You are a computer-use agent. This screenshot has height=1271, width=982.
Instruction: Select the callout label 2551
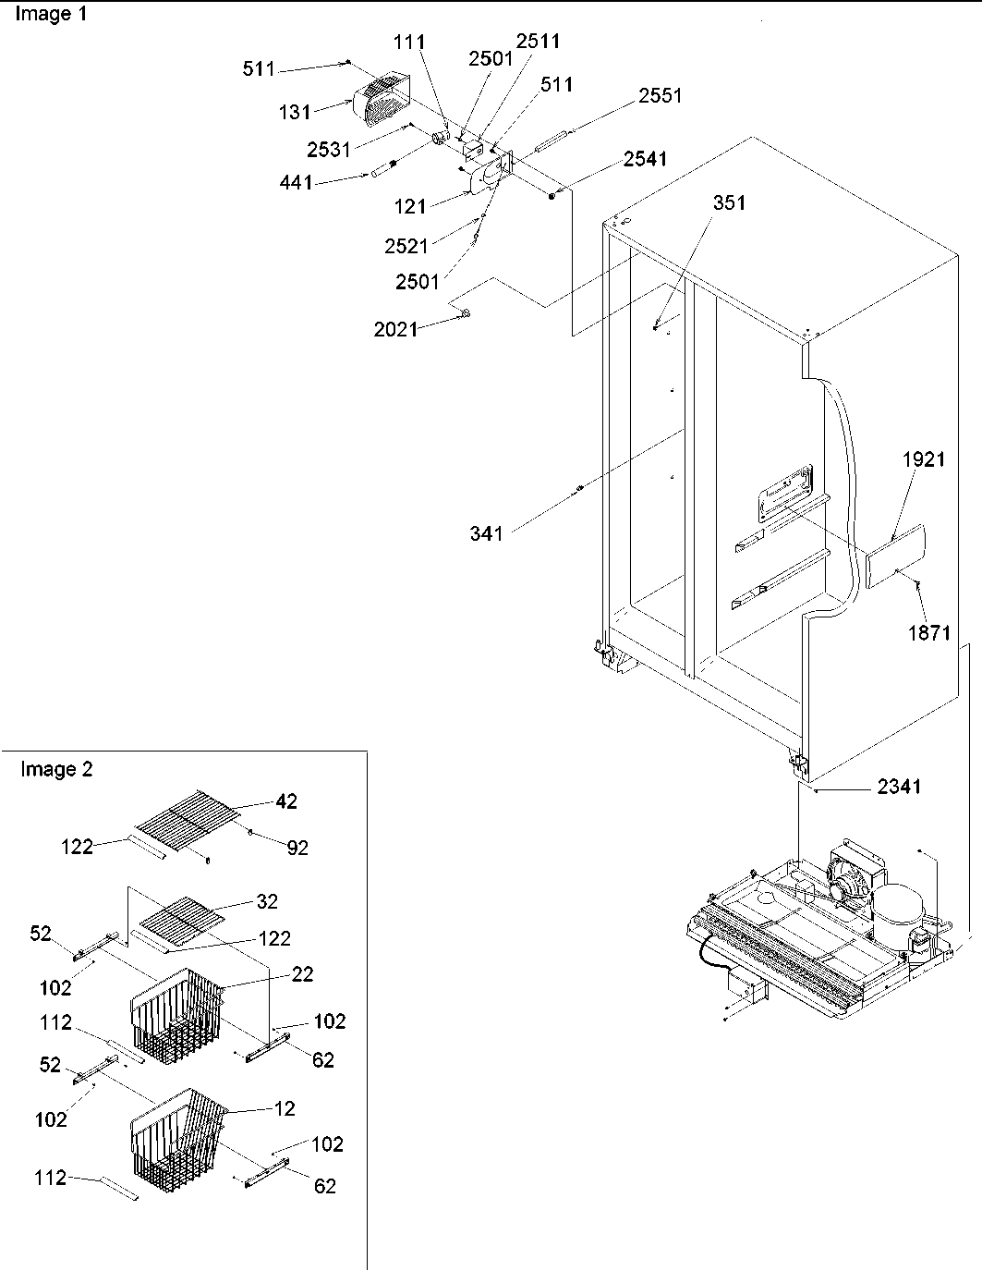tap(661, 95)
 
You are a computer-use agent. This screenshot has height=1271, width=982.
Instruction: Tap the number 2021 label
tap(395, 328)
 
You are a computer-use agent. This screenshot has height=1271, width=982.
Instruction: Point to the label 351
tap(729, 203)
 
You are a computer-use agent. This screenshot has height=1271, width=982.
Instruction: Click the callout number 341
tap(486, 532)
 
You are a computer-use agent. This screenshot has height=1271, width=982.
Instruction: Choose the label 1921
tap(924, 459)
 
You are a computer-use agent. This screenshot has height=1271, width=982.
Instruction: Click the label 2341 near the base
tap(899, 788)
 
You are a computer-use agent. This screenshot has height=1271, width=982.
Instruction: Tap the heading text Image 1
tap(52, 16)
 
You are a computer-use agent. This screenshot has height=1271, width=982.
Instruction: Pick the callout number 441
tap(296, 183)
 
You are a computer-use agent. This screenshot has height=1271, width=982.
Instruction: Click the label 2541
tap(645, 159)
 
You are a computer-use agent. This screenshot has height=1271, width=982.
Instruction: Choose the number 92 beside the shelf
tap(297, 847)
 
